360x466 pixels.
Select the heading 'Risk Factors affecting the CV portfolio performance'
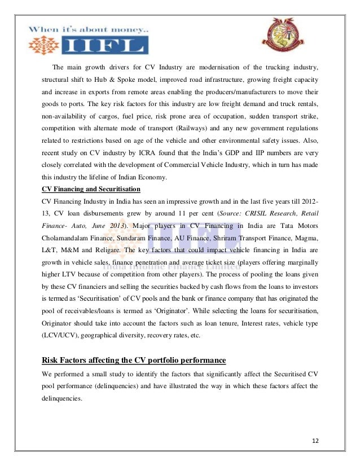tap(134, 359)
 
